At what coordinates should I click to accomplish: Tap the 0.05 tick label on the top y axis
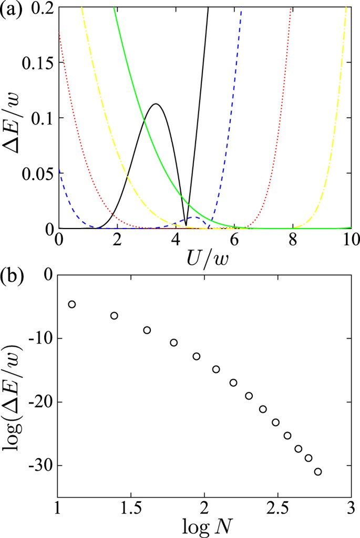(38, 173)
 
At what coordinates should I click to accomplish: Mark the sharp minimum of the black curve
(186, 225)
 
